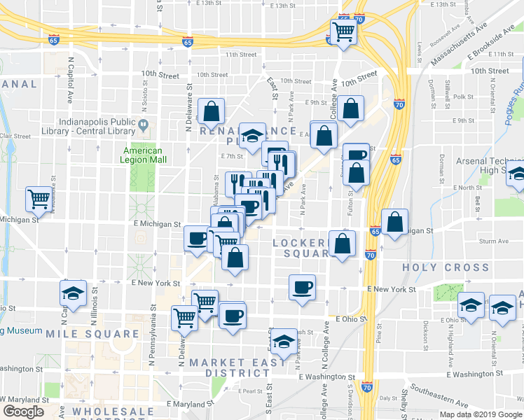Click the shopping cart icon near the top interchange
343,31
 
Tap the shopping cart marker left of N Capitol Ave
39,198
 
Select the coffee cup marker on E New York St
302,287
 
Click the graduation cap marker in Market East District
283,342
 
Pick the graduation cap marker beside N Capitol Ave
73,295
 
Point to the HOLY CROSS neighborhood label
446,267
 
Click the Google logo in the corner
23,412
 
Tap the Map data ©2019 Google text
481,414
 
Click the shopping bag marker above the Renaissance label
211,111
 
